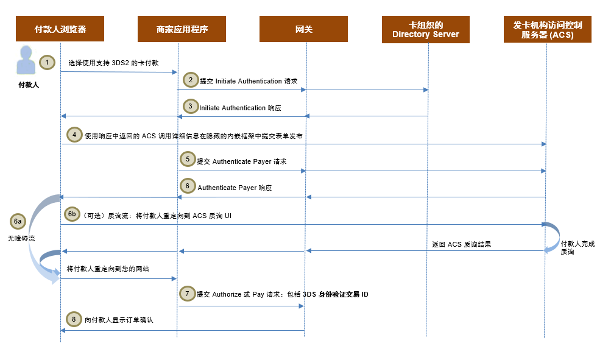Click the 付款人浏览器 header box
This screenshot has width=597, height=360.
coord(60,29)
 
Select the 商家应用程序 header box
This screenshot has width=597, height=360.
coord(182,29)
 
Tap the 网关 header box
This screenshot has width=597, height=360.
coord(303,29)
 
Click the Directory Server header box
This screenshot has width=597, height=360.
coord(426,29)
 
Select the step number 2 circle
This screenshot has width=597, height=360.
coord(191,80)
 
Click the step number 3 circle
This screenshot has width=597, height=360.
coord(191,107)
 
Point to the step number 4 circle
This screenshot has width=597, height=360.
coord(74,135)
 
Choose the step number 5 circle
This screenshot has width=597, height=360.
coord(188,161)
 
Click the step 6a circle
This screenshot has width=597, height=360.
coord(18,221)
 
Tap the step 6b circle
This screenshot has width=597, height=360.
coord(72,214)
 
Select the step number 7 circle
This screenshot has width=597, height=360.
coord(188,294)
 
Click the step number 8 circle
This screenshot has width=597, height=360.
coord(74,319)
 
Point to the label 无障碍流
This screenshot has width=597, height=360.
coord(21,238)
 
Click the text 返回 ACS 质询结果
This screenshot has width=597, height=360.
coord(461,244)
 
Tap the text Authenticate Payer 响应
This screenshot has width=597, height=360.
coord(235,188)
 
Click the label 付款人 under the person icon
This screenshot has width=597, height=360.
coord(28,85)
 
